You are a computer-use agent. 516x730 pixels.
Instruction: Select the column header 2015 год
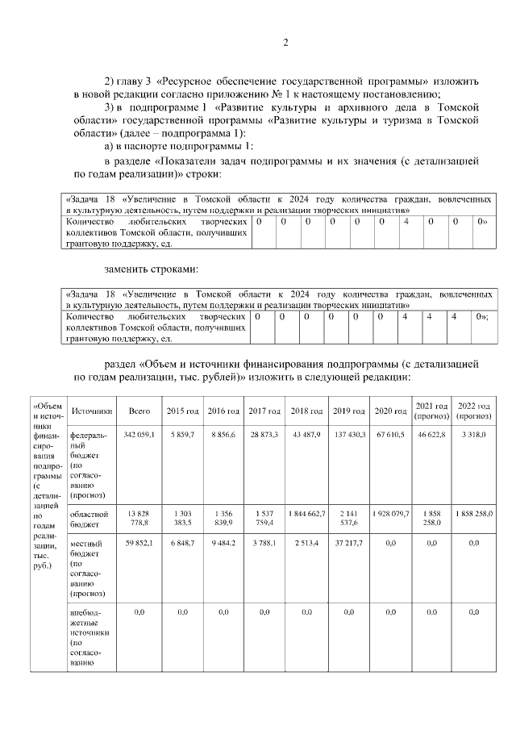point(182,411)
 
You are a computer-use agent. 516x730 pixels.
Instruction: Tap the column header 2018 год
point(306,411)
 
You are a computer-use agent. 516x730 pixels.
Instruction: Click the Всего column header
point(139,411)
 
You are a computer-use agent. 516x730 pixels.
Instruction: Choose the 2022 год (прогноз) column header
point(474,411)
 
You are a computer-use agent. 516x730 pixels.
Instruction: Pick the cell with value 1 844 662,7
point(306,513)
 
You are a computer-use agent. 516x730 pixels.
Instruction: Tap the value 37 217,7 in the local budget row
point(349,544)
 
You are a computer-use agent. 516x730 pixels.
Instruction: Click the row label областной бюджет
point(89,518)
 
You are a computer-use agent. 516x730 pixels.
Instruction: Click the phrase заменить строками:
point(151,268)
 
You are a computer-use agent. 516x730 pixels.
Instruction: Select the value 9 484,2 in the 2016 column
point(223,544)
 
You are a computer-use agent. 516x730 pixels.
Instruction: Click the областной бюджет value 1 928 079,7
point(391,513)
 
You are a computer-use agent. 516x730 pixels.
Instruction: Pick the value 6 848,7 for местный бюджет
point(182,544)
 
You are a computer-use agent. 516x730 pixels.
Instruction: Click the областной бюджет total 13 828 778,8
point(139,518)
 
